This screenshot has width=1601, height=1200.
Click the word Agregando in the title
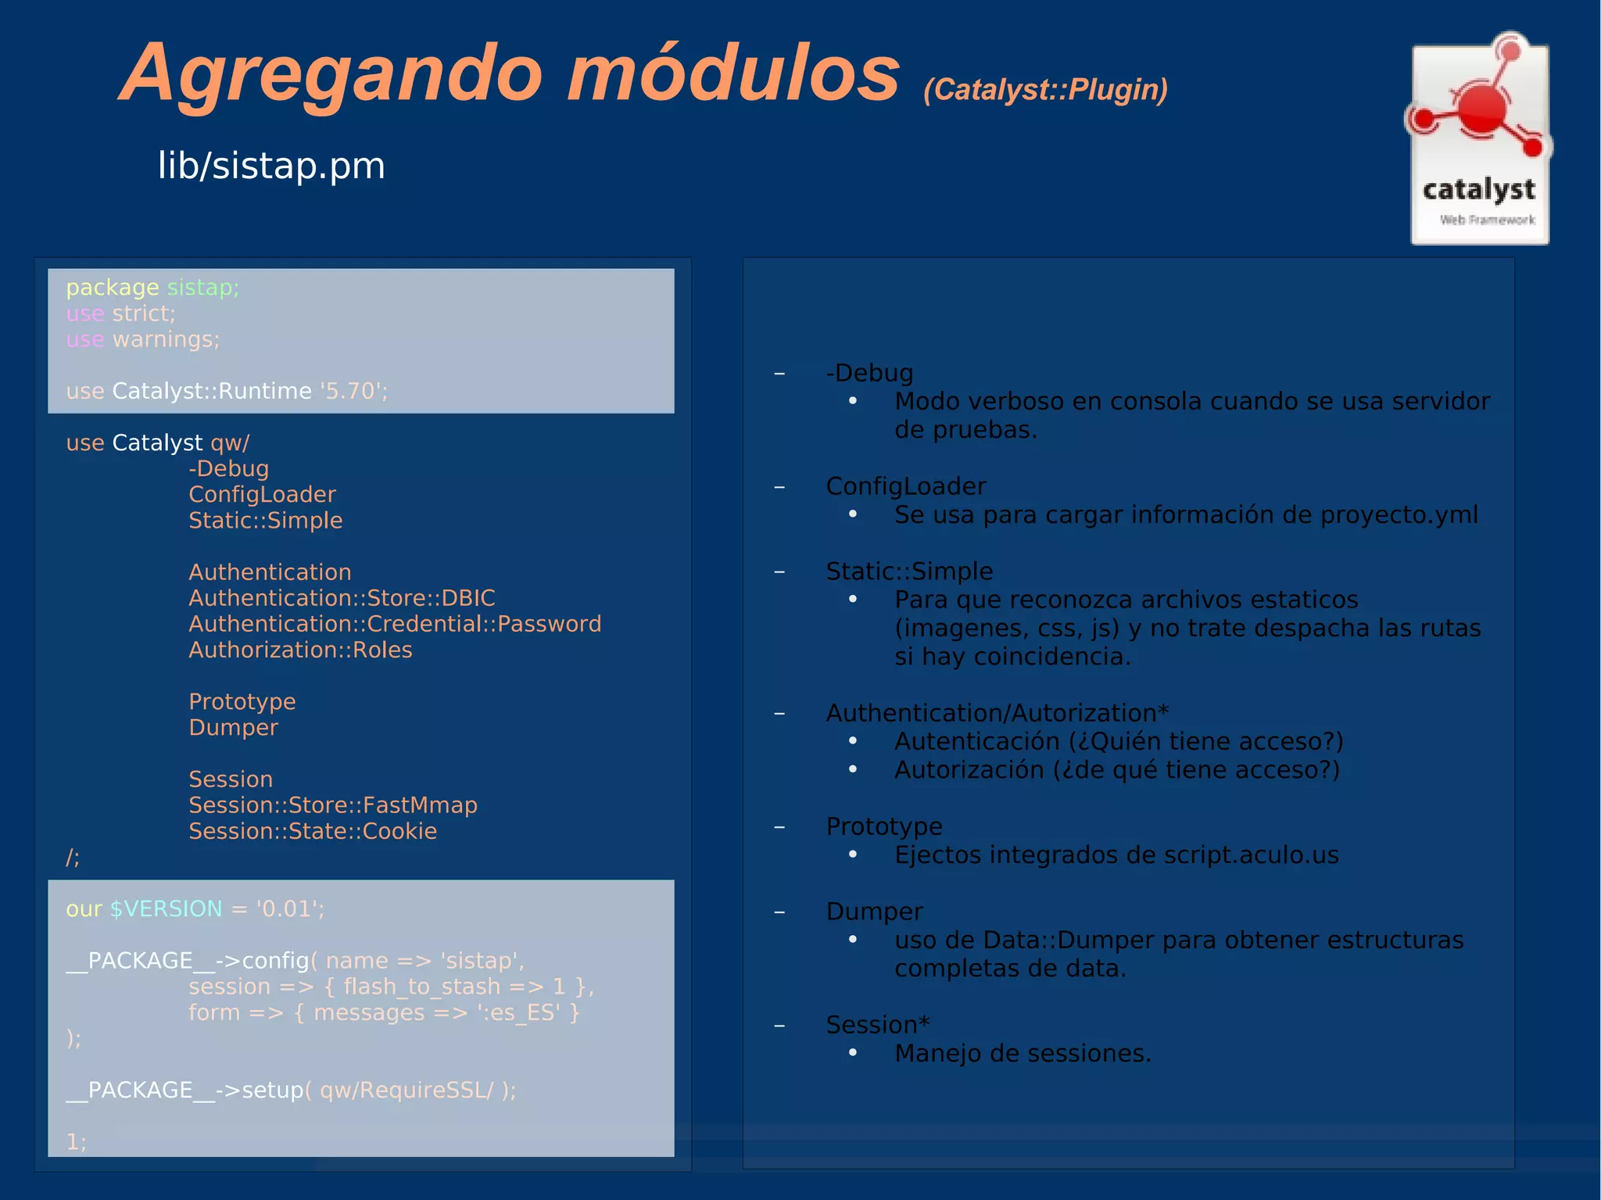tap(333, 74)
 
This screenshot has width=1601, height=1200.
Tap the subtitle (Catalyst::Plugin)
tap(1045, 90)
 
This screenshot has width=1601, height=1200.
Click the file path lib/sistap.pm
tap(271, 166)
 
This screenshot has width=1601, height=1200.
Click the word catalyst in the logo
tap(1478, 189)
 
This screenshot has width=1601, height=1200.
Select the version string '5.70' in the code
tap(353, 391)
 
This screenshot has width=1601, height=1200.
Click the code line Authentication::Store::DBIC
tap(342, 598)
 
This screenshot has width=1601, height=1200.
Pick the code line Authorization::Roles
tap(300, 650)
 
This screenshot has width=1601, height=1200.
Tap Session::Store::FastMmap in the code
tap(333, 805)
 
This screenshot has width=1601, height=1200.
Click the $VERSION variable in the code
tap(166, 908)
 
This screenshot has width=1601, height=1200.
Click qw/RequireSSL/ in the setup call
tap(407, 1090)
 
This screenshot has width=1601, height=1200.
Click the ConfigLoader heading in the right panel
tap(905, 486)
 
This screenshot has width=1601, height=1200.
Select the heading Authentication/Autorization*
tap(997, 713)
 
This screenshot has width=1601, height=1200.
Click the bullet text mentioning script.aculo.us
tap(1116, 855)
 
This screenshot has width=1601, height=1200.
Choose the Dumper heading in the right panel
tap(874, 912)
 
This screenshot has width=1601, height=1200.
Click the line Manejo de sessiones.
tap(1023, 1054)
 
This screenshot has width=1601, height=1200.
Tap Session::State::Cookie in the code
tap(313, 831)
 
